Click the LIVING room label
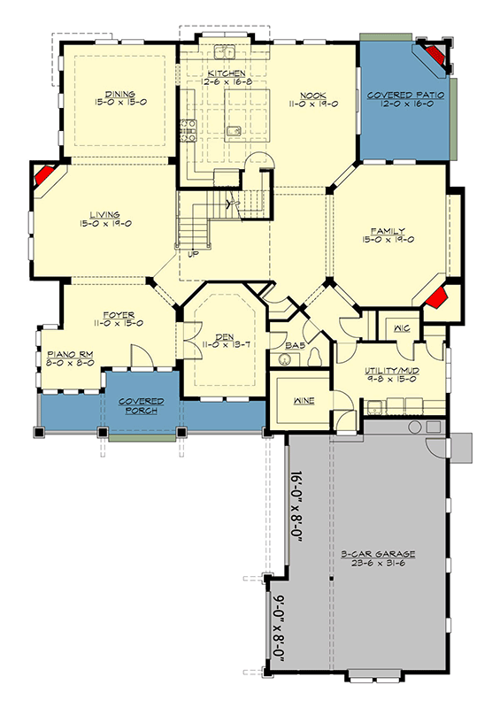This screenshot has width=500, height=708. (104, 214)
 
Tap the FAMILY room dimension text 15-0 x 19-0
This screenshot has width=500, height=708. (388, 240)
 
